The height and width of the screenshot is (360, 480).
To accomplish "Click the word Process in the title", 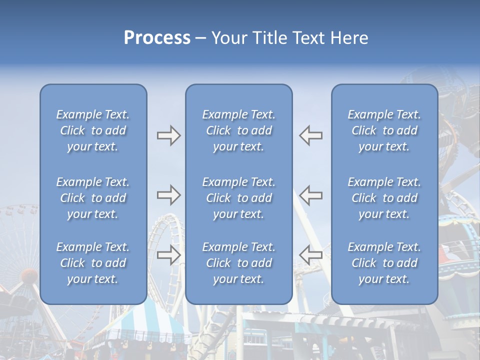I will [x=157, y=38].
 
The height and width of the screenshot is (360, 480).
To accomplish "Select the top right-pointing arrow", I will [x=168, y=135].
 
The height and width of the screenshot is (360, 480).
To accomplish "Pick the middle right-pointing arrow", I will [x=168, y=195].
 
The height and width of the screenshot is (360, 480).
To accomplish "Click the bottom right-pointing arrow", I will [x=168, y=255].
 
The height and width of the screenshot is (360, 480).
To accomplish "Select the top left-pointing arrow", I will [x=310, y=135].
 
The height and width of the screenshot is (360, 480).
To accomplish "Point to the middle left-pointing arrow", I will [x=310, y=195].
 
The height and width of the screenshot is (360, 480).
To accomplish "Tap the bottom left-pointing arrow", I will [x=310, y=255].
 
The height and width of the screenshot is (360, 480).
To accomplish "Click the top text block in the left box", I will [x=93, y=130].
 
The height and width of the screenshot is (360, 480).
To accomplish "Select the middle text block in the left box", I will [x=93, y=198].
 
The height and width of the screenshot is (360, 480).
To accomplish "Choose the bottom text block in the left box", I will [x=93, y=263].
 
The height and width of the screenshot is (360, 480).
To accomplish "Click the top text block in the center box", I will [x=238, y=130].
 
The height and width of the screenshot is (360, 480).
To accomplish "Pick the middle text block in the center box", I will [x=238, y=198].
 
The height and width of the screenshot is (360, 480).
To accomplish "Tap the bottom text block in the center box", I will [x=238, y=263].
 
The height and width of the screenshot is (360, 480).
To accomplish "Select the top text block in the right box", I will [x=384, y=130].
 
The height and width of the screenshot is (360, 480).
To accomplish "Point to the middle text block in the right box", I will [x=384, y=198].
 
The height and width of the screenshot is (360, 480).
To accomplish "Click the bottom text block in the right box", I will [x=384, y=263].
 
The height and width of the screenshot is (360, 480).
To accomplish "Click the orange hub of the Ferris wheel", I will [x=29, y=274].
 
